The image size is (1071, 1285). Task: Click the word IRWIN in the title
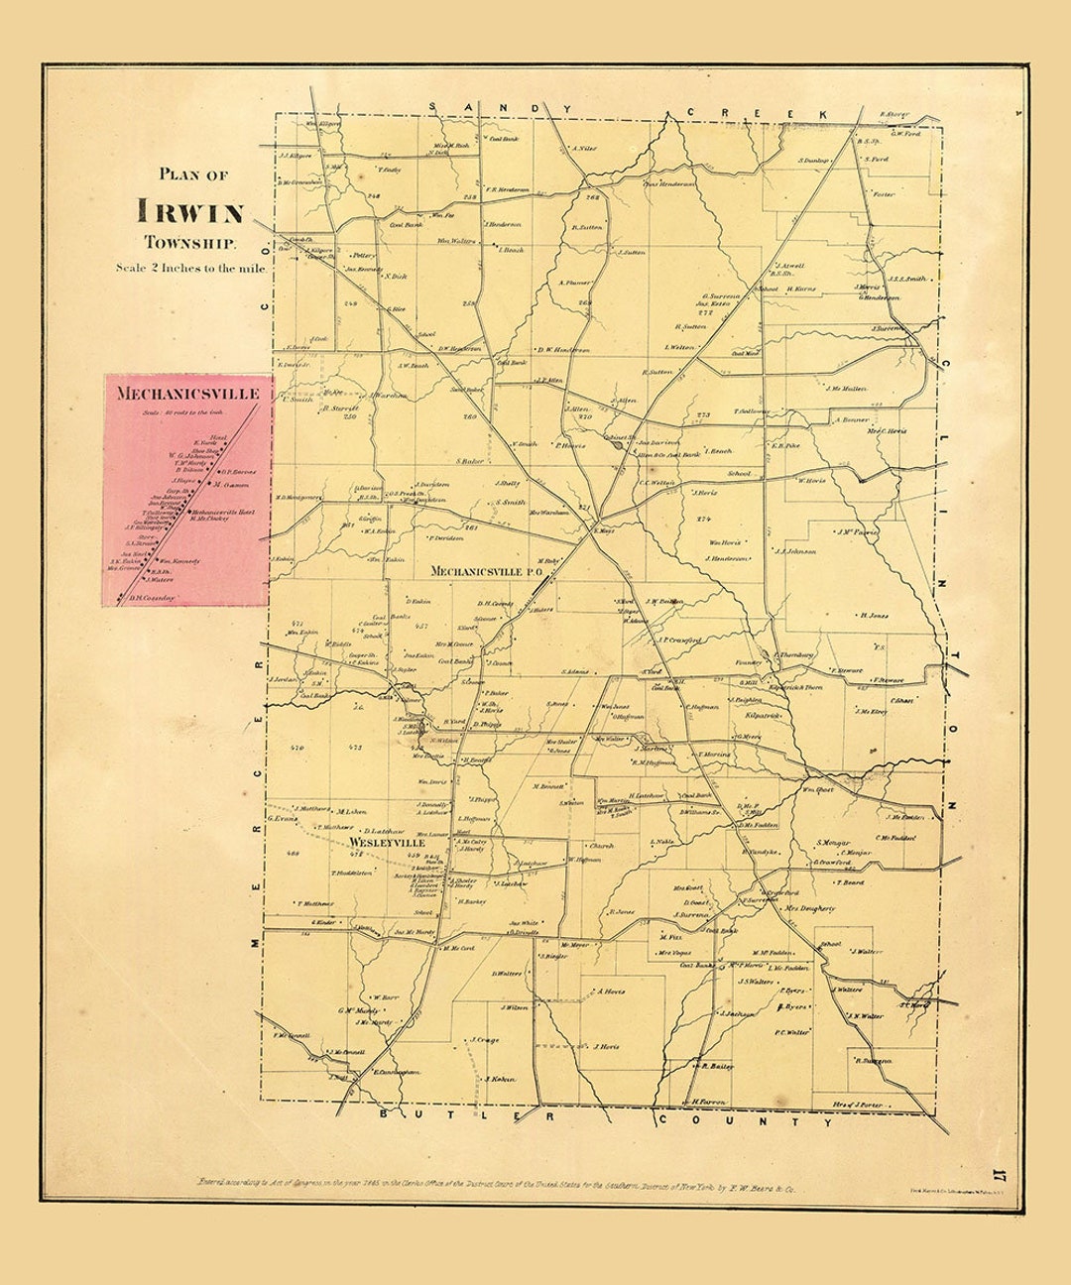coord(191,211)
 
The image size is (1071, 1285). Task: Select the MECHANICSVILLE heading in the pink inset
coord(187,394)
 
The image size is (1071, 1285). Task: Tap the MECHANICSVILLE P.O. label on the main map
coord(483,572)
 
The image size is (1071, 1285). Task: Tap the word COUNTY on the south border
coord(746,1121)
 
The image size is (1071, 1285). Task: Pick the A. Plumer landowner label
coord(574,282)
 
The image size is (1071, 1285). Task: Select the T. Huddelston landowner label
coord(352,873)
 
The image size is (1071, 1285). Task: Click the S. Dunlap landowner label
coord(813,160)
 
